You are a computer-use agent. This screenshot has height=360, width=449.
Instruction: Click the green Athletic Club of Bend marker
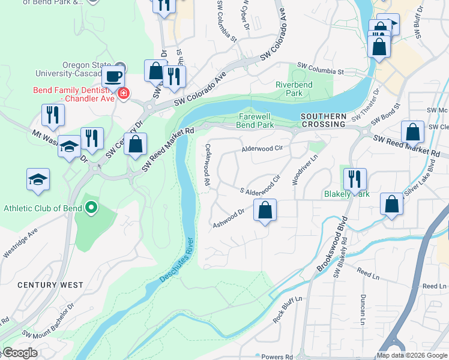click(91, 208)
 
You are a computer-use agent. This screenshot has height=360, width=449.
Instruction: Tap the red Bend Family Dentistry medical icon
click(123, 94)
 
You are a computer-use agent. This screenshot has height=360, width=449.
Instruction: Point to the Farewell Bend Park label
click(256, 121)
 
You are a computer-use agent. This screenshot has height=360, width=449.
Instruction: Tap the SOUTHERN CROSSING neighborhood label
click(324, 120)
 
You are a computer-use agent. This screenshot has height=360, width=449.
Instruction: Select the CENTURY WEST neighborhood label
click(50, 285)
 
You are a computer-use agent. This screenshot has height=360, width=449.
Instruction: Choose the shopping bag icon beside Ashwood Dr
click(265, 211)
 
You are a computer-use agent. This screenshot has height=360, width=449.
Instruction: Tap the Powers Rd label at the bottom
click(277, 357)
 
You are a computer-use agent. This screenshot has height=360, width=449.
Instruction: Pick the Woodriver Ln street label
click(304, 170)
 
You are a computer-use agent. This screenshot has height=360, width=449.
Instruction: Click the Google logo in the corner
click(20, 353)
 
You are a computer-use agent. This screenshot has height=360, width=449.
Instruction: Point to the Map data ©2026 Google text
click(412, 355)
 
